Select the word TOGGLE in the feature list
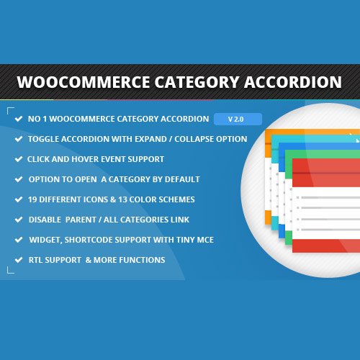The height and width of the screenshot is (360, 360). (45, 139)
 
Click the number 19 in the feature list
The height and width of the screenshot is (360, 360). (33, 199)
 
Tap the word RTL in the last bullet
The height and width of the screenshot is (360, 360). (35, 260)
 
